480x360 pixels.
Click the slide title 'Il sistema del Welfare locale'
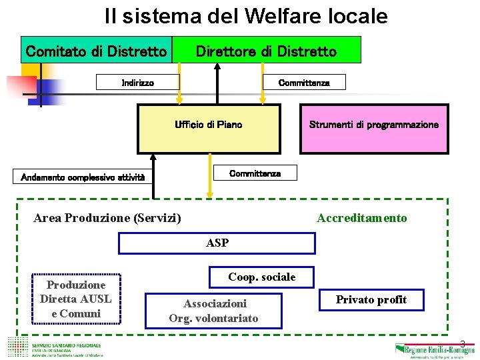246,16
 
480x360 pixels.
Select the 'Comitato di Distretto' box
96,51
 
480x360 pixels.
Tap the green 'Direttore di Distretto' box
266,51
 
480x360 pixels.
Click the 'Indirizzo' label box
138,83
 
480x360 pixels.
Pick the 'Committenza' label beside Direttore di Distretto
303,83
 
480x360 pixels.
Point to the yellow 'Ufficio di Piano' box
209,129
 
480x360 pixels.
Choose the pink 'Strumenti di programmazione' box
374,129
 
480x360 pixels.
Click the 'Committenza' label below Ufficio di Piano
255,173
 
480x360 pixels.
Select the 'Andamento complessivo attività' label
83,177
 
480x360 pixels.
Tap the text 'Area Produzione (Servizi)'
107,218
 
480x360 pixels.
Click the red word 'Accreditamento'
362,218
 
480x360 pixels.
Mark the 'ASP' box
217,243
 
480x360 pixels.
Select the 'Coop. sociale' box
261,277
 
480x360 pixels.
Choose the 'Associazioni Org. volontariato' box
214,310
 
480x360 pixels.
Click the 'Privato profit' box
371,300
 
